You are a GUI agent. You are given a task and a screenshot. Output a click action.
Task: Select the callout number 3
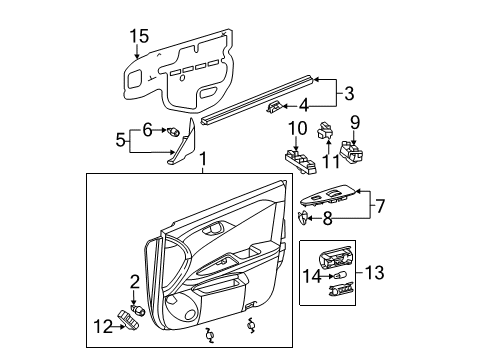[x=350, y=93]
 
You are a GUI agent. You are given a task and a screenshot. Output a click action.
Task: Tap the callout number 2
[x=135, y=282]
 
